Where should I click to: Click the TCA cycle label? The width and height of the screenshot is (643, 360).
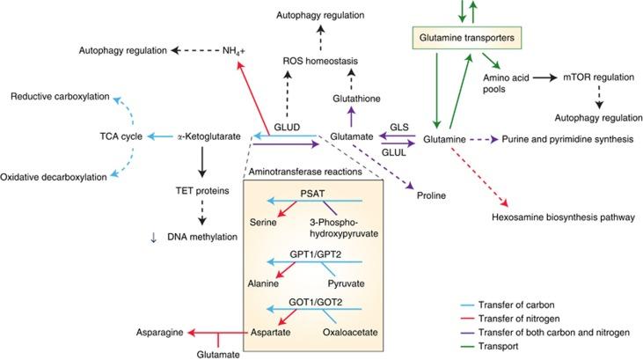click(x=121, y=136)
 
